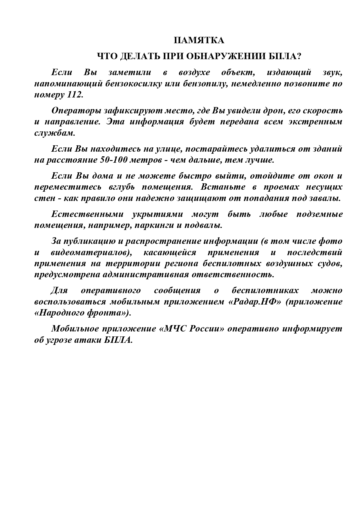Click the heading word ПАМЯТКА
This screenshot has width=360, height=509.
(x=199, y=41)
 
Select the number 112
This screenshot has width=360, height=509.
(x=75, y=95)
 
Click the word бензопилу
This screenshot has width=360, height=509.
(x=205, y=84)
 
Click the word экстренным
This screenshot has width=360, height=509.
(x=315, y=122)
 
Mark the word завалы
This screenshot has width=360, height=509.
(x=325, y=198)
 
